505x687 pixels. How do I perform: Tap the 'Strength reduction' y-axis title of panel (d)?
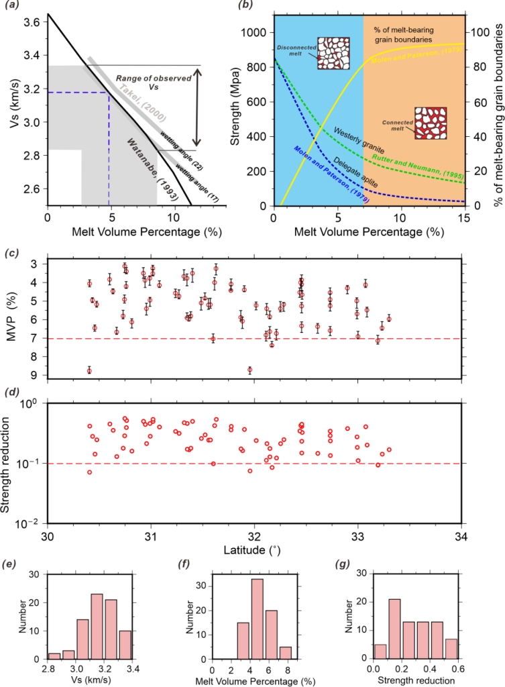9,463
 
